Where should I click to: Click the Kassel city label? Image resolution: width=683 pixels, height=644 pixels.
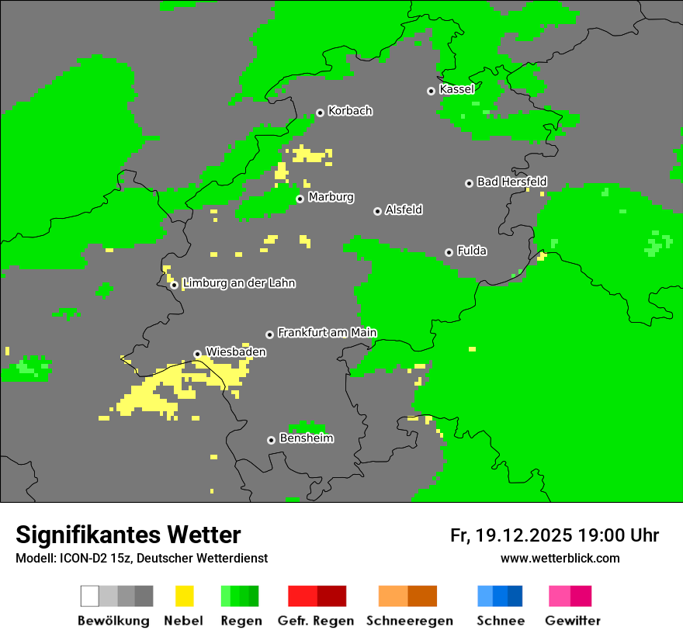tap(456, 89)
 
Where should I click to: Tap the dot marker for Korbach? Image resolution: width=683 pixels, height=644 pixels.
tap(320, 113)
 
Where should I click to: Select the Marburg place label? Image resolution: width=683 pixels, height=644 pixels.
tap(331, 197)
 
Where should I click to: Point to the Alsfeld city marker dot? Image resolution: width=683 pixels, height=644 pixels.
tap(377, 211)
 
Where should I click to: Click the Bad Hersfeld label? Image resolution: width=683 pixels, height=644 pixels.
tap(511, 182)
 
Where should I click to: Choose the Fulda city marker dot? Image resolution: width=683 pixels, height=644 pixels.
tap(449, 252)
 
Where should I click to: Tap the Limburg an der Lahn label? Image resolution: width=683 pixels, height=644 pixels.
tap(238, 283)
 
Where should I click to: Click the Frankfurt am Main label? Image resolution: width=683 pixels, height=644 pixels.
tap(327, 333)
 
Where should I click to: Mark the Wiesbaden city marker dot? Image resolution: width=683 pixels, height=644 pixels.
tap(197, 354)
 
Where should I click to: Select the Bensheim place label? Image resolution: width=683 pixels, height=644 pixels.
tap(306, 438)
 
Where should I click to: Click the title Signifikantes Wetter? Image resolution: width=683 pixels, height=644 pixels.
tap(128, 535)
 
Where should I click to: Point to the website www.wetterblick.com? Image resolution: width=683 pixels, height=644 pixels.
tap(560, 559)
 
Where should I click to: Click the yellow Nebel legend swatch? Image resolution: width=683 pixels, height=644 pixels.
tap(184, 596)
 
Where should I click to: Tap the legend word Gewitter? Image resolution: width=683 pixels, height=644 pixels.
tap(572, 621)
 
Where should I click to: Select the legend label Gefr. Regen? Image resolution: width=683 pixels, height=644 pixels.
tap(315, 621)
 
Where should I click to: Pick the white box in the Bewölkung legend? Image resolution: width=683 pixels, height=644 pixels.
tap(90, 596)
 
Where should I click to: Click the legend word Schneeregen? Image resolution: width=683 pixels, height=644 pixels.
tap(409, 621)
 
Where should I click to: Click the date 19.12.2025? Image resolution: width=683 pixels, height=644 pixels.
tap(524, 535)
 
